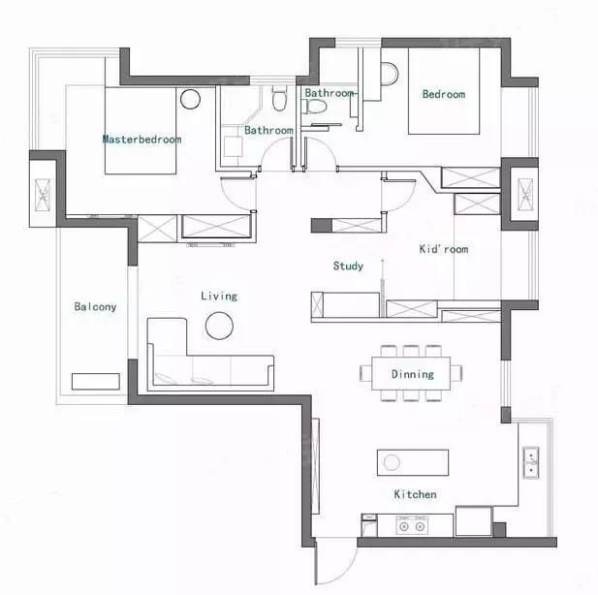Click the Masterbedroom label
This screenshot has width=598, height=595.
pyautogui.click(x=142, y=140)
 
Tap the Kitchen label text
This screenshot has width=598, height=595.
pyautogui.click(x=416, y=494)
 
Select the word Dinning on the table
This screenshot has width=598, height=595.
pyautogui.click(x=413, y=374)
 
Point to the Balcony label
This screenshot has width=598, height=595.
pyautogui.click(x=95, y=306)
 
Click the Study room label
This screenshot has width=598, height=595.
pyautogui.click(x=348, y=266)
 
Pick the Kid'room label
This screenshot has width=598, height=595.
pyautogui.click(x=444, y=249)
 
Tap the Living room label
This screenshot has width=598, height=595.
pyautogui.click(x=219, y=297)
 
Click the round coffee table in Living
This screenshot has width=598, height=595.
pyautogui.click(x=219, y=326)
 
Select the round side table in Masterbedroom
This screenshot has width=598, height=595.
pyautogui.click(x=190, y=99)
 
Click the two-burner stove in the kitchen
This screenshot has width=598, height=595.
pyautogui.click(x=412, y=525)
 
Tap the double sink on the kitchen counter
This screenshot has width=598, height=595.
pyautogui.click(x=531, y=463)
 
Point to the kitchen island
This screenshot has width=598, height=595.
pyautogui.click(x=413, y=462)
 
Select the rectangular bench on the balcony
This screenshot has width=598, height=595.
pyautogui.click(x=96, y=382)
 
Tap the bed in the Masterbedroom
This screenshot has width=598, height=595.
pyautogui.click(x=141, y=131)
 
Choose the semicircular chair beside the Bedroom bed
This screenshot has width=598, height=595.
pyautogui.click(x=390, y=75)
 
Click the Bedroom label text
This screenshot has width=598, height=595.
pyautogui.click(x=444, y=94)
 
